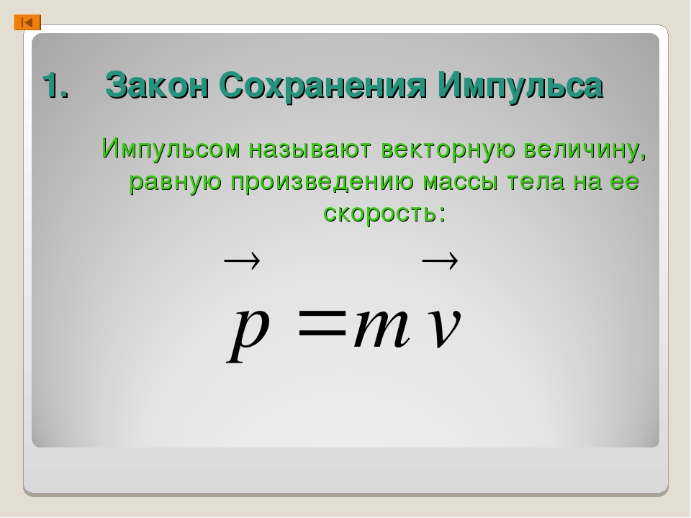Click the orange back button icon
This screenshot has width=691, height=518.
click(x=27, y=22)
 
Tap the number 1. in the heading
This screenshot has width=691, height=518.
click(x=56, y=86)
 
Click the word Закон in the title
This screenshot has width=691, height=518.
click(x=156, y=86)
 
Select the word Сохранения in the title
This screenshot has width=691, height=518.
click(x=322, y=86)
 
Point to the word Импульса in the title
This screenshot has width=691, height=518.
click(x=520, y=86)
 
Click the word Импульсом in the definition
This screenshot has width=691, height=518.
click(x=171, y=148)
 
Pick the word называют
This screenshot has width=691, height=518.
click(x=310, y=149)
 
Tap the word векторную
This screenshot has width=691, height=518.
click(x=448, y=149)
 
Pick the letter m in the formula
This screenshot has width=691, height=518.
click(x=381, y=328)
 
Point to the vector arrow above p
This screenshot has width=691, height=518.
click(x=242, y=260)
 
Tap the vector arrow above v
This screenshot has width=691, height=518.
click(x=440, y=260)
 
